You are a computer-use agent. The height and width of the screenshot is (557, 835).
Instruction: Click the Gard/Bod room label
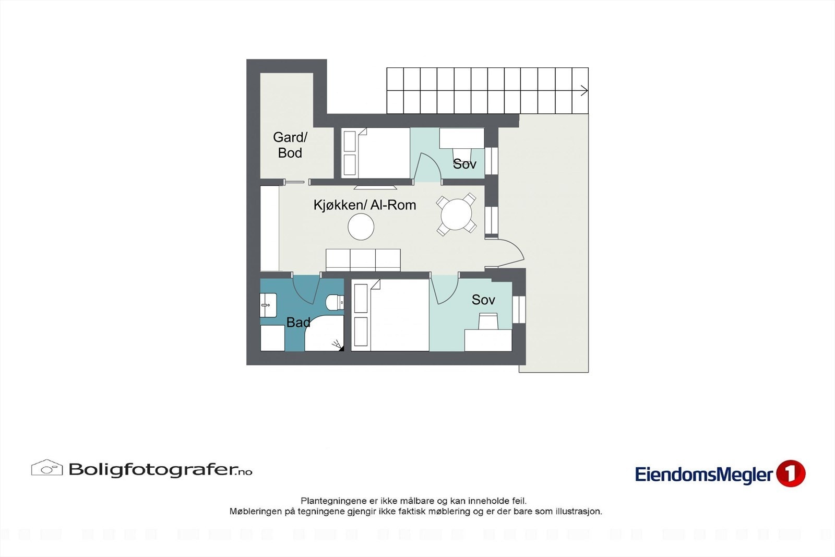(x=290, y=145)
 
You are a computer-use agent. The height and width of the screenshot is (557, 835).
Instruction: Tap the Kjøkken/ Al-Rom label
(x=365, y=205)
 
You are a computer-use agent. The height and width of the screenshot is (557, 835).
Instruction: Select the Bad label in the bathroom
(x=298, y=323)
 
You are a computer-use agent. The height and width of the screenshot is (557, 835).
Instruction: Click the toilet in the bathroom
(x=335, y=302)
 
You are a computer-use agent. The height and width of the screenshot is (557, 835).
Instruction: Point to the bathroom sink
(x=268, y=305)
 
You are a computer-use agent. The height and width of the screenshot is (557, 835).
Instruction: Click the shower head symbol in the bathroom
(x=337, y=345)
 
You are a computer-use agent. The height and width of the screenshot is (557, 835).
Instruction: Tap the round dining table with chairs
(x=457, y=214)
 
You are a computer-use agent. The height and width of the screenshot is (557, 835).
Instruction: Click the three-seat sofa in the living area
(x=363, y=260)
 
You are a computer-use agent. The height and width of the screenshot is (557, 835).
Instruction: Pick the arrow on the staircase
(x=583, y=91)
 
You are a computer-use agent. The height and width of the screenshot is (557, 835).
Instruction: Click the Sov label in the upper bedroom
(x=464, y=164)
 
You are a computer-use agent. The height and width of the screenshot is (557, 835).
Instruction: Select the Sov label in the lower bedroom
(x=483, y=300)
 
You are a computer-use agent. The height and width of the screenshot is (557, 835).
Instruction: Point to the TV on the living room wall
(x=375, y=186)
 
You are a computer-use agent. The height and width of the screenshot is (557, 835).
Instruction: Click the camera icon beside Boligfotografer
(x=47, y=468)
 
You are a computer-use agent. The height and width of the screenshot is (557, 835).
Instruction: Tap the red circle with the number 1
(x=791, y=473)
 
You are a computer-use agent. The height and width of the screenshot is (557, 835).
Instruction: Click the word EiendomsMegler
(x=703, y=475)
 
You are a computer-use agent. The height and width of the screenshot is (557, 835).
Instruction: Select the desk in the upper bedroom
(x=462, y=139)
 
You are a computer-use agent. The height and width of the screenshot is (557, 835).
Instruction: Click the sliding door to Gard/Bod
(x=294, y=182)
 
